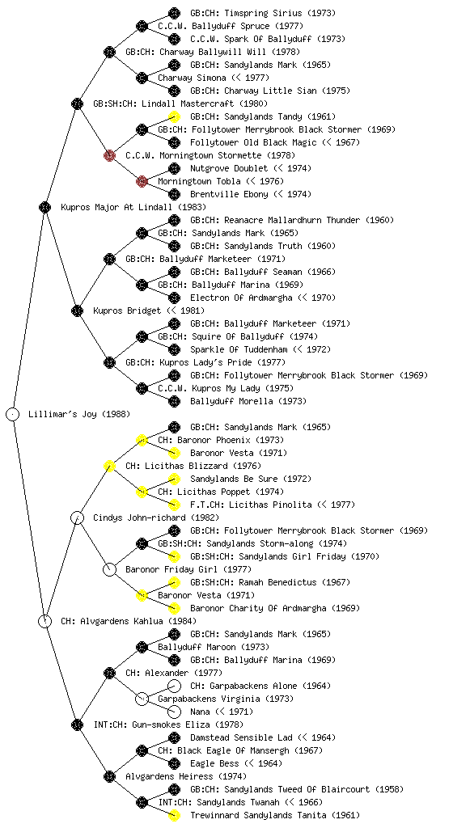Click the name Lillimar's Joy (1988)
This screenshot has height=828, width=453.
[x=79, y=414]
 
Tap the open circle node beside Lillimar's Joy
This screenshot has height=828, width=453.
[x=13, y=414]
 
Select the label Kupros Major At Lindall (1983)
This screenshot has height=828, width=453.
[x=133, y=207]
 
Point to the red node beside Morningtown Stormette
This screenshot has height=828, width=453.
[x=109, y=155]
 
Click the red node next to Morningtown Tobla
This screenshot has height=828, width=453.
[x=142, y=181]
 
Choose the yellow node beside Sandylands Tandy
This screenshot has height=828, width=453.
[x=174, y=116]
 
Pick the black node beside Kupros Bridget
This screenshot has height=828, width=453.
[x=77, y=310]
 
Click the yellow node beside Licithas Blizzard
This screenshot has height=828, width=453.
[x=109, y=466]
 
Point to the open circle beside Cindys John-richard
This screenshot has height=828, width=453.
[x=77, y=517]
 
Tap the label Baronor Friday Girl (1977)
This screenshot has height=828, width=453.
[x=188, y=569]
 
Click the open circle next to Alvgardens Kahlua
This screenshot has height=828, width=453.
[x=44, y=621]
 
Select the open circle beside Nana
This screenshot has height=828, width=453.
[x=174, y=712]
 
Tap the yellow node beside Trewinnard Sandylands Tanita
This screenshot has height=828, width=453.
[x=174, y=815]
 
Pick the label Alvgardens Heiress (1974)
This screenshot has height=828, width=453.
[x=186, y=776]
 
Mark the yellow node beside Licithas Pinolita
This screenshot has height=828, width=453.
[x=174, y=505]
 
